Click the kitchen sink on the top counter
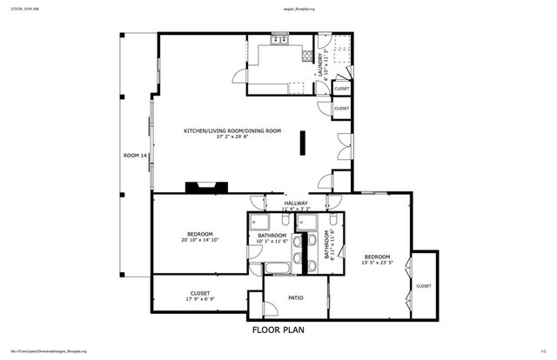tap(280, 40)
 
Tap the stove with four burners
tap(305, 57)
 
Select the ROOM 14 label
tap(135, 155)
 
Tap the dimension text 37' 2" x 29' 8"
tap(232, 137)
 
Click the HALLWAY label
tap(296, 203)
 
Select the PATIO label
tap(296, 297)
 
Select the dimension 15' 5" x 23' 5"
tap(377, 263)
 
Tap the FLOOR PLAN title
tap(278, 330)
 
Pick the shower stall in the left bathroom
tap(257, 223)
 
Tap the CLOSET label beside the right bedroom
tap(424, 285)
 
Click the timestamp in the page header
tap(22, 4)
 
